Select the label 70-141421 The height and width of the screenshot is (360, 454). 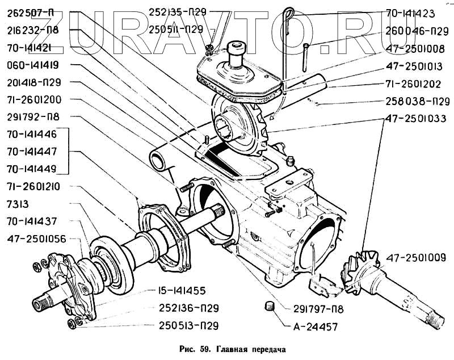30,48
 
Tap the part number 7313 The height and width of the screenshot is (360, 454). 19,203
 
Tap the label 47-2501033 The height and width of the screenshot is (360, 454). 415,119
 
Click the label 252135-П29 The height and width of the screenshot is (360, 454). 178,11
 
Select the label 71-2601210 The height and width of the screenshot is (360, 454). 34,186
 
